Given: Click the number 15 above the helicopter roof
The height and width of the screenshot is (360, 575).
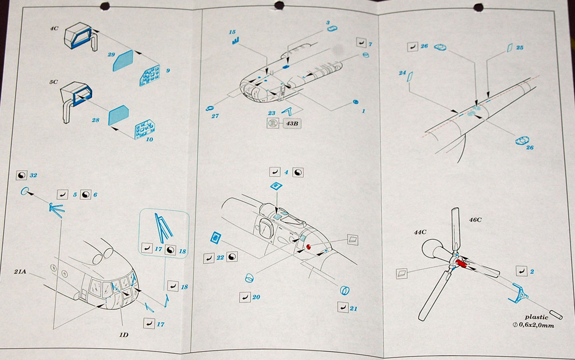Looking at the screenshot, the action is click(x=232, y=32).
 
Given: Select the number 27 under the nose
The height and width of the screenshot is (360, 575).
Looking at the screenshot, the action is click(x=215, y=116).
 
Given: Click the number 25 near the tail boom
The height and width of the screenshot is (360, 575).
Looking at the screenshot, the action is click(x=519, y=48).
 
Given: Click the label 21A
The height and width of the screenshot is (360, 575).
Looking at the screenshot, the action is click(x=21, y=271).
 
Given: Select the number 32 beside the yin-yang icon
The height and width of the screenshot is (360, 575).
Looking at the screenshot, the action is click(x=34, y=175).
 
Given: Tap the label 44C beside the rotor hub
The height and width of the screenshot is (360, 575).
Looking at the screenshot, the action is click(x=420, y=233).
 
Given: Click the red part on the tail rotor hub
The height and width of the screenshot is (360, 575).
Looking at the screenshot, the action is click(x=460, y=263).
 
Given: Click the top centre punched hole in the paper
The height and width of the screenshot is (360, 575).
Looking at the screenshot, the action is click(x=279, y=5).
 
